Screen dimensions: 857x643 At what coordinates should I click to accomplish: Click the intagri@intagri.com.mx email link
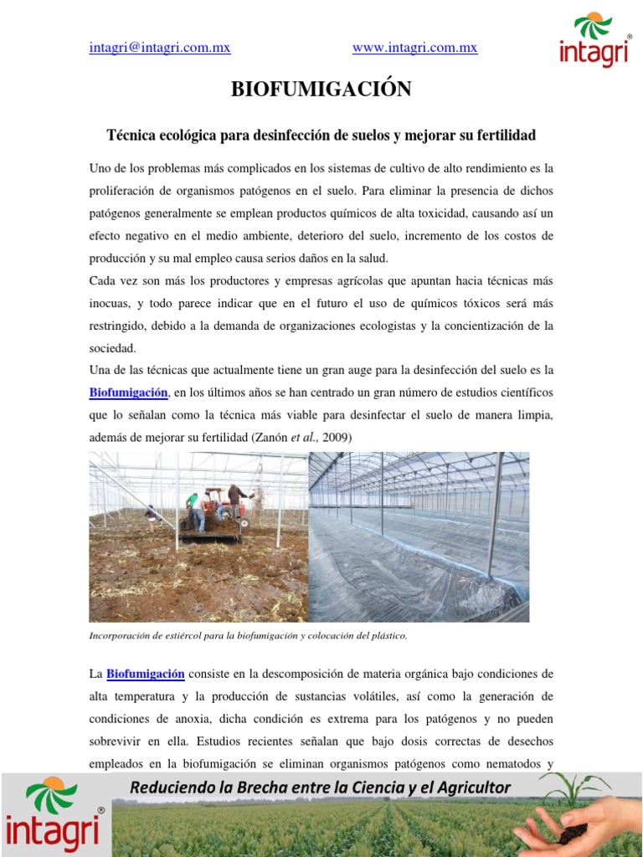pos(160,48)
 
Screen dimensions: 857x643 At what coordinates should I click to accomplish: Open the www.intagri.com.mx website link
pos(414,48)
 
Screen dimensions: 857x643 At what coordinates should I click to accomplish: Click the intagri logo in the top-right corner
pos(595,40)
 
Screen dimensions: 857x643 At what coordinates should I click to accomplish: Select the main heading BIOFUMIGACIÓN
pos(321,90)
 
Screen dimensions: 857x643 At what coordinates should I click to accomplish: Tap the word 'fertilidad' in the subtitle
pos(505,135)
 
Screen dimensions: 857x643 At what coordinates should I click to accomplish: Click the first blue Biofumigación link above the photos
pos(130,393)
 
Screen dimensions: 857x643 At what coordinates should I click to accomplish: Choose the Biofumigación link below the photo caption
pos(146,674)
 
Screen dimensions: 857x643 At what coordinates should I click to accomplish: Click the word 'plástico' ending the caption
pos(388,636)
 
